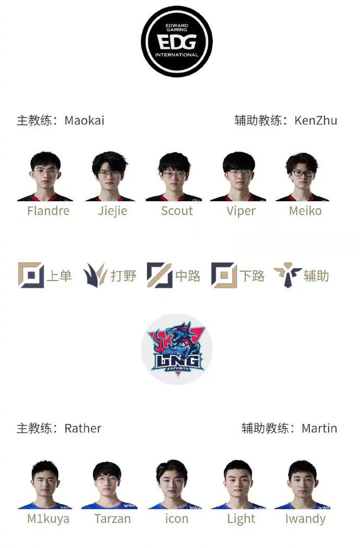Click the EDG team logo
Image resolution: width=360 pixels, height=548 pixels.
(177, 41)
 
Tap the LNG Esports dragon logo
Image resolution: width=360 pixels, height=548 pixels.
(177, 349)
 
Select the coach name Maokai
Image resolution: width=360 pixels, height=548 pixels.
(85, 120)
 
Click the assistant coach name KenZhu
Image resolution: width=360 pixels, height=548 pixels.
(316, 120)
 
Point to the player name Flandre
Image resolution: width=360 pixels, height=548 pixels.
(49, 211)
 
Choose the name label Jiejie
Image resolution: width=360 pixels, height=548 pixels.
(112, 211)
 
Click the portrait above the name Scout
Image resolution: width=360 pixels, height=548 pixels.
(174, 176)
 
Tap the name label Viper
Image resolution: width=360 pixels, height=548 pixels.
(241, 211)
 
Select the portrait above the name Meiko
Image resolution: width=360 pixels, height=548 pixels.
(302, 176)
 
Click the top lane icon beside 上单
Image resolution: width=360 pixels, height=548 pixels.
(31, 275)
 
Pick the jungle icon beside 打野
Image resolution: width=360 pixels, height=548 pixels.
(95, 275)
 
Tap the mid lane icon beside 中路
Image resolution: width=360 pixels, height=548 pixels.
(160, 275)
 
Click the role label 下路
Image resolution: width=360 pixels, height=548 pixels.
(252, 276)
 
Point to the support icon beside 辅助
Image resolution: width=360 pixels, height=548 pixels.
(287, 275)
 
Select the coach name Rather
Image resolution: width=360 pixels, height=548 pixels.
(83, 429)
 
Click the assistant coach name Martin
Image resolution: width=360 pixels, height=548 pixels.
(319, 429)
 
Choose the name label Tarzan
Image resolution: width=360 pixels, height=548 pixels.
(112, 519)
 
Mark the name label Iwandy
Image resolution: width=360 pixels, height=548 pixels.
(305, 519)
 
